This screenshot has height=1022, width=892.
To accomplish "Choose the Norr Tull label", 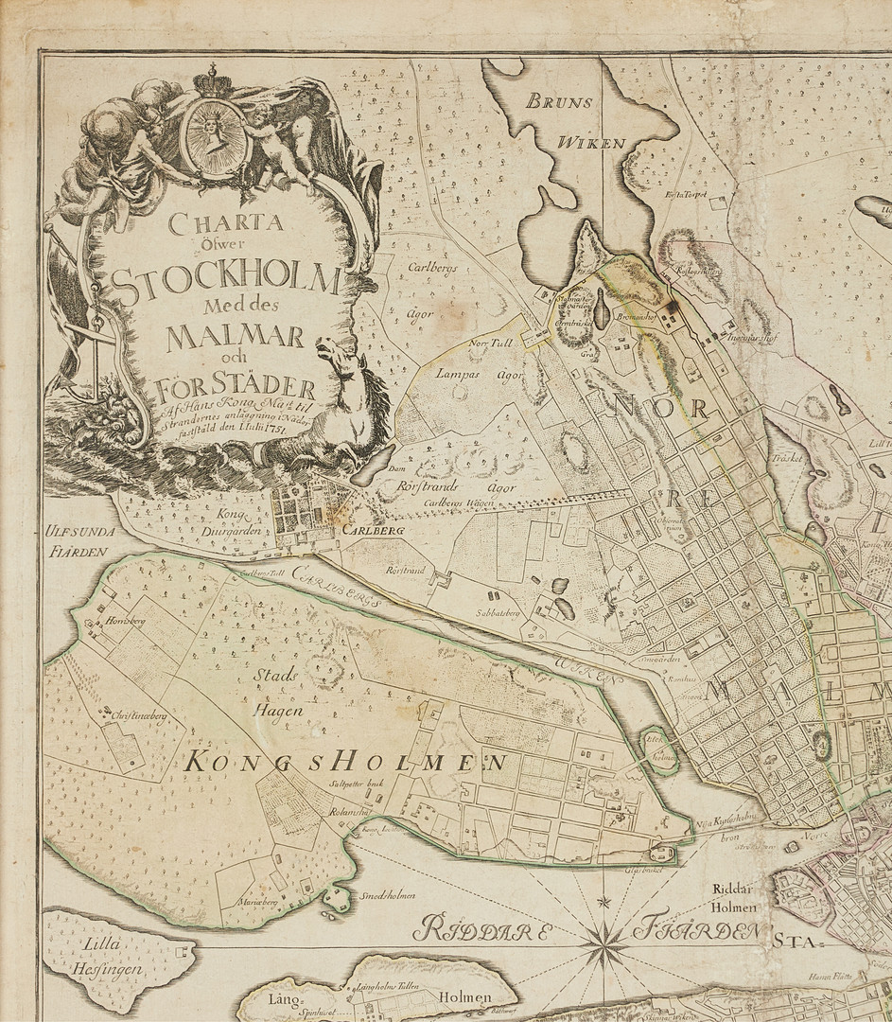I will (x=490, y=343).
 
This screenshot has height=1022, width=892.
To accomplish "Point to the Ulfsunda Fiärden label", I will (x=78, y=540).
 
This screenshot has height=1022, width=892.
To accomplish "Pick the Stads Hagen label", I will (x=277, y=692).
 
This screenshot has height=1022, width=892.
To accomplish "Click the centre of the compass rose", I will (x=603, y=944).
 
